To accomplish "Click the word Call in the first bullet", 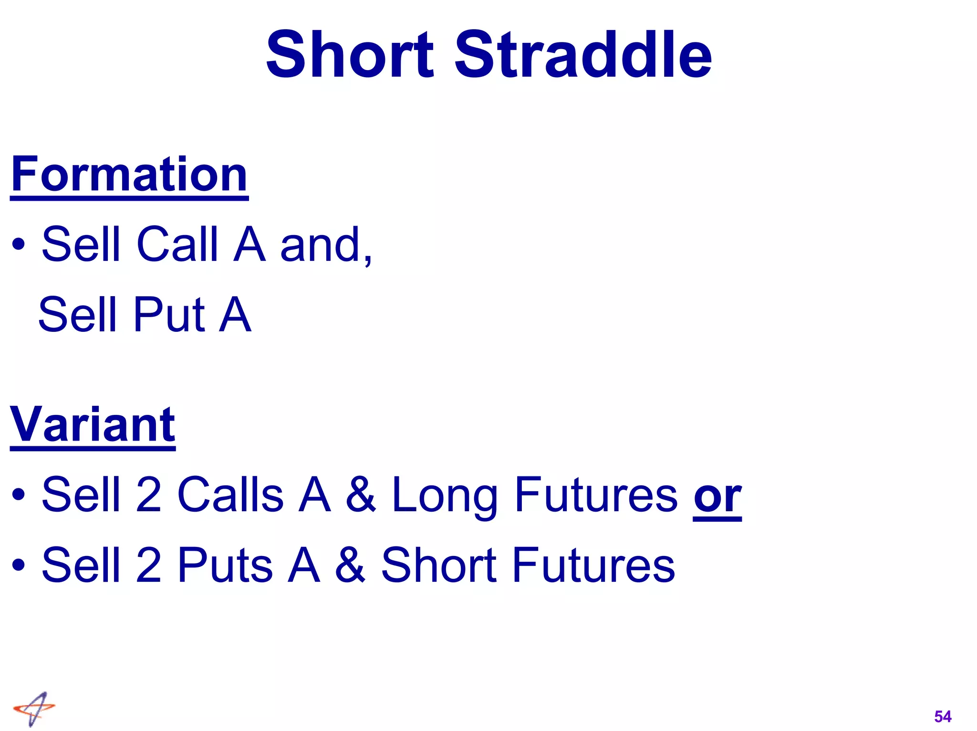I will coord(177,244).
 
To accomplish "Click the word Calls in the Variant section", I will coord(230,494).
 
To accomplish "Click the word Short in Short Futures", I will coord(439,565).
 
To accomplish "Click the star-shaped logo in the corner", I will coord(34,709).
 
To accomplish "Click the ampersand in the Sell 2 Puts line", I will coord(350,565).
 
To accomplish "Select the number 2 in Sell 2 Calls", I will coord(148,494).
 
